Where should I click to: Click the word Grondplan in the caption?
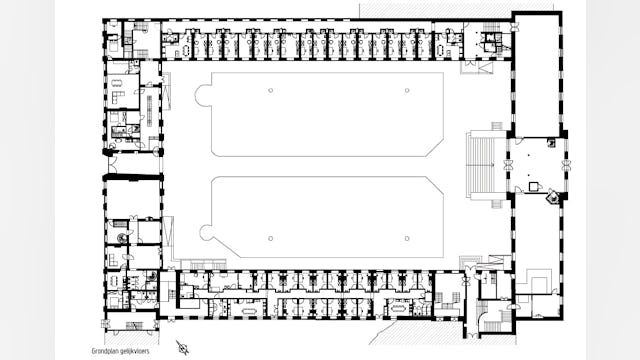[x=103, y=351]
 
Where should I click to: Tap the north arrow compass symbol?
[x=182, y=347]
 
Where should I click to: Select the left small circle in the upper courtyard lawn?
[x=271, y=91]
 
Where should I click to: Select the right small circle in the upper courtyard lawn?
[x=407, y=91]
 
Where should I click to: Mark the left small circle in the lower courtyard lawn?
[x=271, y=238]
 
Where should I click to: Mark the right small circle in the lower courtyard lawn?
[x=407, y=238]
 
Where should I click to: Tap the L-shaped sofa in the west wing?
[x=117, y=98]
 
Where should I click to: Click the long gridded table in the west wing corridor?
[x=149, y=109]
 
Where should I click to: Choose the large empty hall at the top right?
[x=537, y=76]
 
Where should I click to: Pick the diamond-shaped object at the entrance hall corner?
[x=553, y=197]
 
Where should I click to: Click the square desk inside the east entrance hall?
[x=534, y=187]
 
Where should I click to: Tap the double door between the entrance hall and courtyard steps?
[x=508, y=165]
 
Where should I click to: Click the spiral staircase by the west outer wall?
[x=122, y=238]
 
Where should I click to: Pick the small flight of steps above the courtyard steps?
[x=497, y=126]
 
